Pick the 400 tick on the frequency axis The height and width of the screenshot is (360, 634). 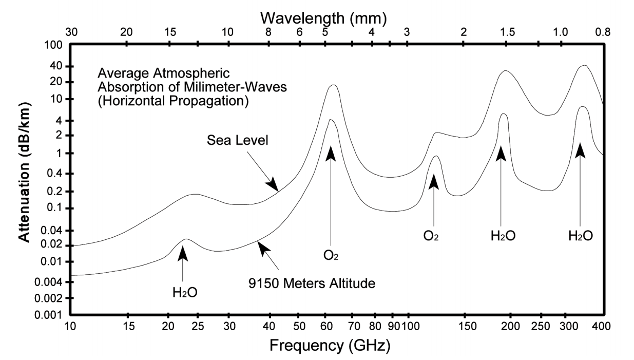[601, 327]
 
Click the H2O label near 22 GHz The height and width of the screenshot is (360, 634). [185, 292]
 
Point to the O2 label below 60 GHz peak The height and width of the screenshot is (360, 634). [331, 255]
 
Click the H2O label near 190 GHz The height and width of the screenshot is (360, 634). [503, 236]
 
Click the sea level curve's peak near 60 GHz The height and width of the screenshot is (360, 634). [334, 85]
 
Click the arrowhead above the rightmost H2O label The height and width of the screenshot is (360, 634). [580, 150]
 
